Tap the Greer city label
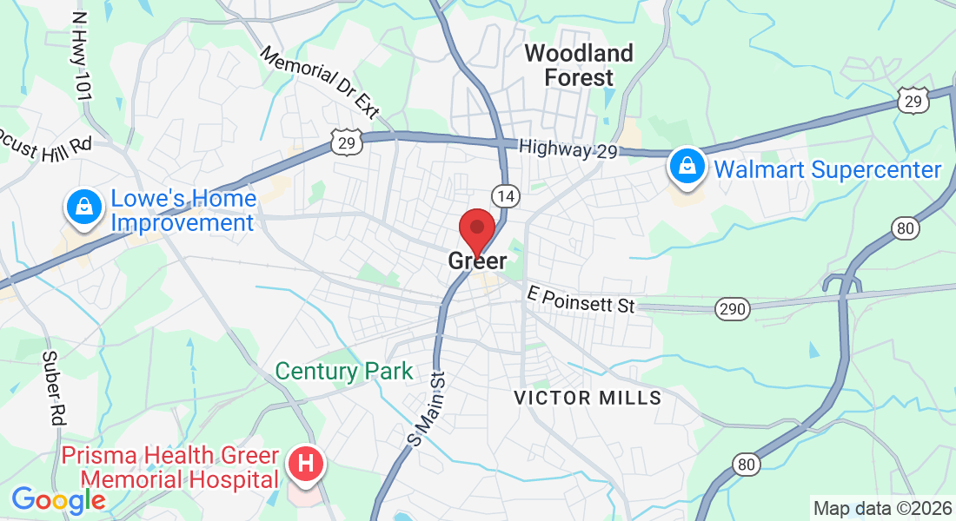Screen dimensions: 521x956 tap(477, 260)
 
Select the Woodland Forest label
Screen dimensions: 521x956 tap(579, 65)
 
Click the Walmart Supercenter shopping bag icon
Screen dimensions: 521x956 tap(687, 166)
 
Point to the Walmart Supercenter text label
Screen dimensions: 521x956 tap(827, 169)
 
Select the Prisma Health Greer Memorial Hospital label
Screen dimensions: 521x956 tap(169, 467)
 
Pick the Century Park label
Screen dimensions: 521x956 tap(344, 372)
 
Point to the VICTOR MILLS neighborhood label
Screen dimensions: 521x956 tap(588, 399)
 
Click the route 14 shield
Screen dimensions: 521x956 tap(507, 196)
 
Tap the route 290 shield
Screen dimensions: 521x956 tap(732, 308)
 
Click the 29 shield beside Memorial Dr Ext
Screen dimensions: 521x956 tap(347, 142)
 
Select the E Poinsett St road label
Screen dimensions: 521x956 tap(581, 300)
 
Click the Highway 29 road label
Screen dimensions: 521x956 tap(568, 149)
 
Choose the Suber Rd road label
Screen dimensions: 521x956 tap(52, 388)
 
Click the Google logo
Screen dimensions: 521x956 tap(57, 499)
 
